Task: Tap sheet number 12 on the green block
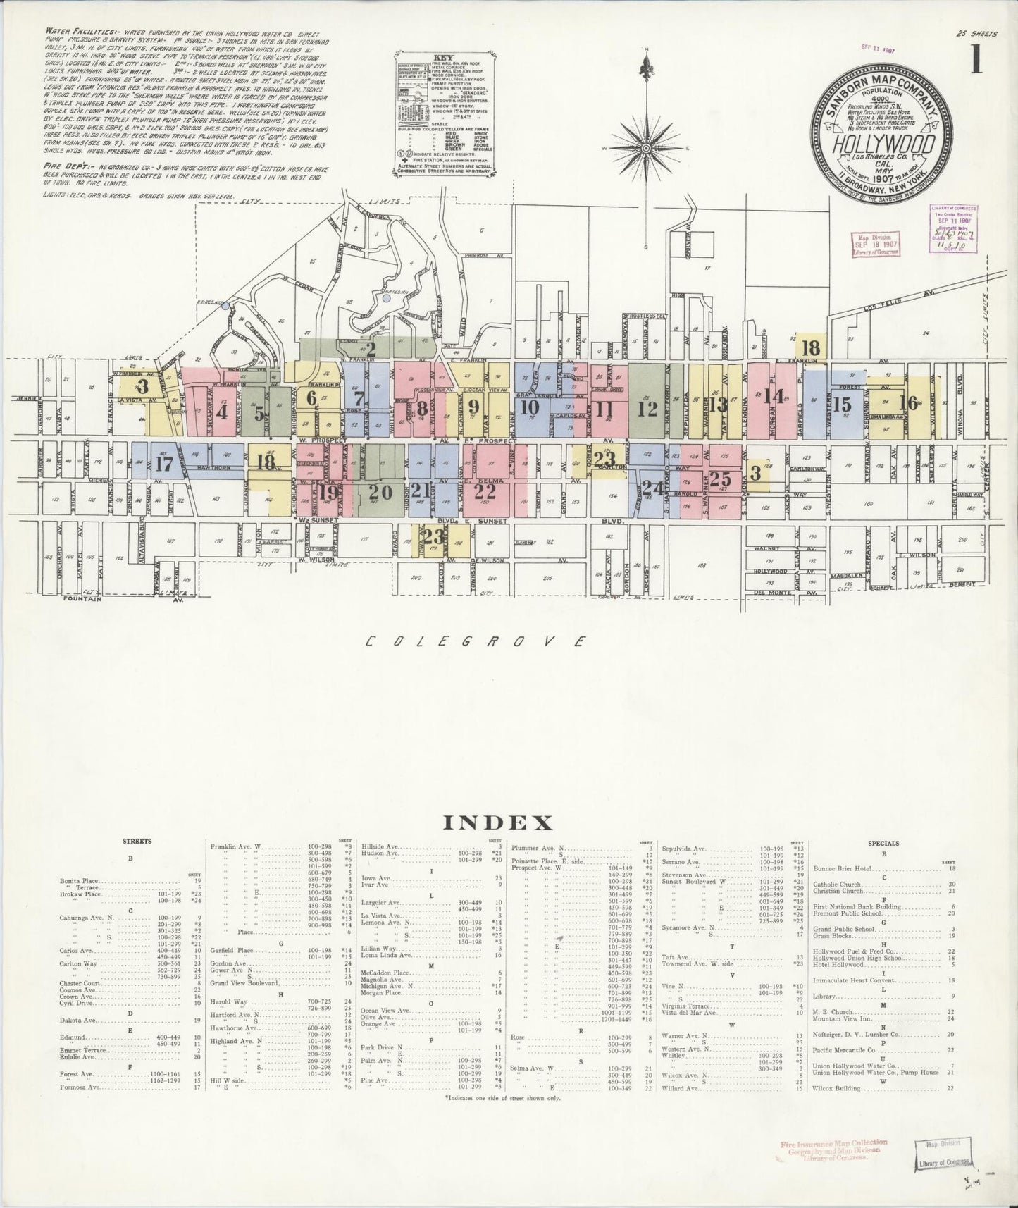[x=647, y=408]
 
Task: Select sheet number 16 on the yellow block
[x=909, y=402]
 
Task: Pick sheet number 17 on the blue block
[x=164, y=464]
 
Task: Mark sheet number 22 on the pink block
[x=484, y=491]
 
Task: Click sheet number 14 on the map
[x=774, y=396]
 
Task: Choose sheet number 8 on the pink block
[x=422, y=408]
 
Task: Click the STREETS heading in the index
[x=131, y=842]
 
